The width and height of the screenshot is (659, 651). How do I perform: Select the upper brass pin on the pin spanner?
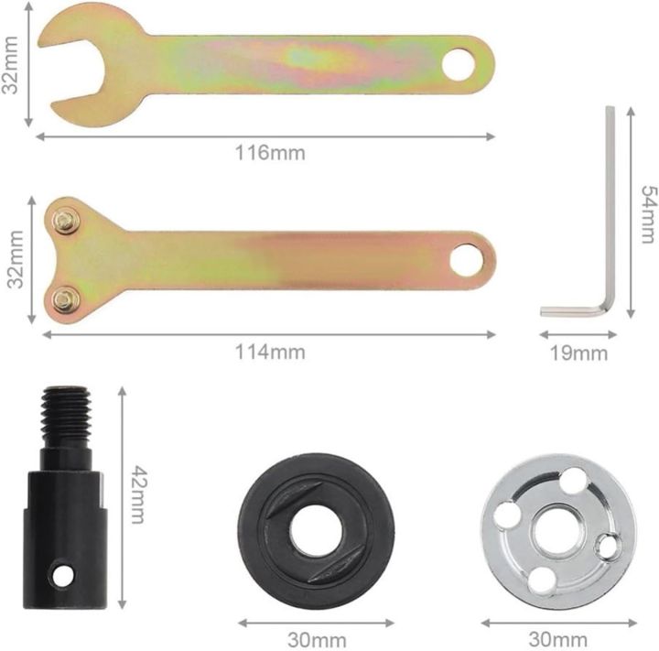pos(64,221)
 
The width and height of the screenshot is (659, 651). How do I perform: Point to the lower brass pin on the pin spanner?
pos(64,299)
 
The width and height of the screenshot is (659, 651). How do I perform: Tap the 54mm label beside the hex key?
pos(646,213)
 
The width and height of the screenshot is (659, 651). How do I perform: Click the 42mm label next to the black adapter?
pos(136,494)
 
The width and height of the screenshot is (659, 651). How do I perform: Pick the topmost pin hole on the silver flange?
pos(572,479)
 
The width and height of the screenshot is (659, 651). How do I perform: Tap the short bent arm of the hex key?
pos(573,311)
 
